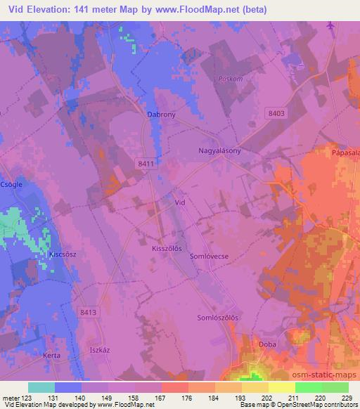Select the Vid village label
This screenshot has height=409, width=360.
tap(179, 202)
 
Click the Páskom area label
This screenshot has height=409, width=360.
tap(231, 79)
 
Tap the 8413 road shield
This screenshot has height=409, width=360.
tap(87, 311)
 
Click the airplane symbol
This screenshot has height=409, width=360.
tap(330, 27)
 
